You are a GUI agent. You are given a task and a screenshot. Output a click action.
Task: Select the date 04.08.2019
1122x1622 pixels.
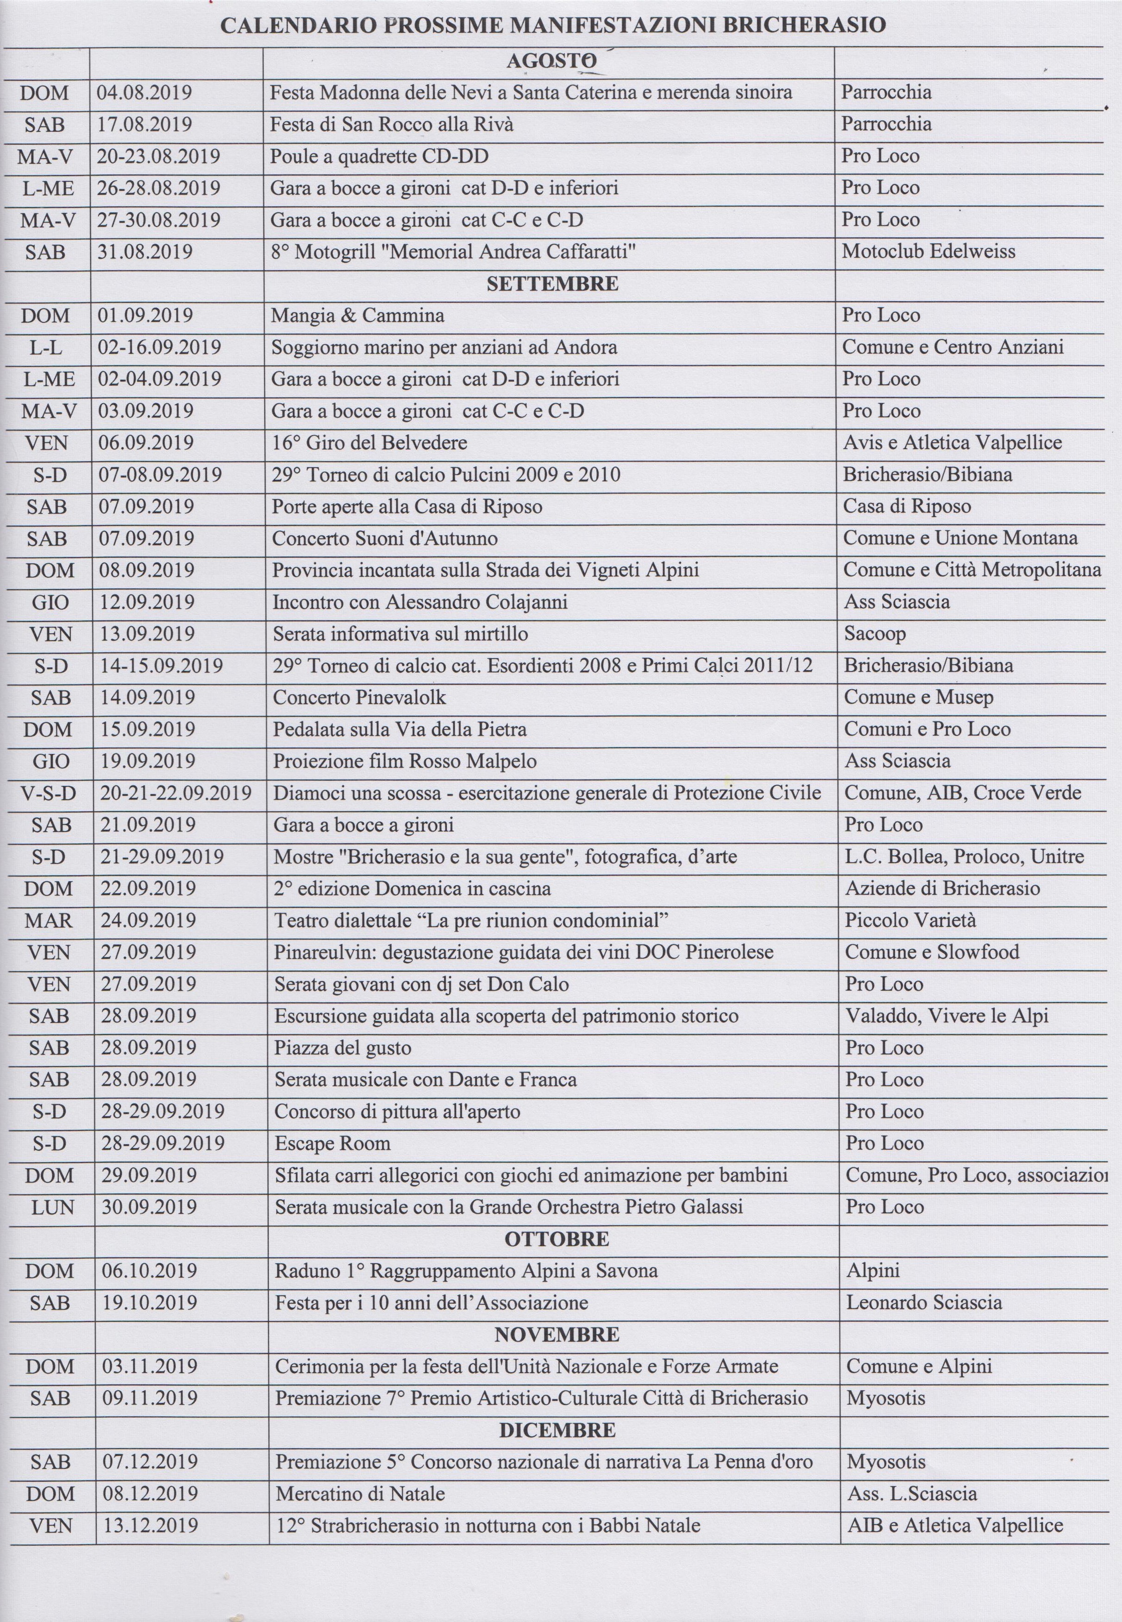tap(144, 93)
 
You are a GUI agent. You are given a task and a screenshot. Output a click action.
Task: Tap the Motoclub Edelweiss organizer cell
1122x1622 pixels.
tap(928, 252)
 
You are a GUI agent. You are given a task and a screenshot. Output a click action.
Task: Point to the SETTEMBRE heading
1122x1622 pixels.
tap(552, 284)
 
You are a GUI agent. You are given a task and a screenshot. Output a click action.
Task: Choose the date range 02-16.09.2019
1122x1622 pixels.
tap(159, 347)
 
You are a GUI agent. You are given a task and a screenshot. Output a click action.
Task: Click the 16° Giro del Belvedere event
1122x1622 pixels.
tap(370, 443)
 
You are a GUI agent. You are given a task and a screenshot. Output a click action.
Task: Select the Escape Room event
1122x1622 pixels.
tap(333, 1143)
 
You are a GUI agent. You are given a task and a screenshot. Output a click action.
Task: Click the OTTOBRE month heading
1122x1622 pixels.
tap(557, 1239)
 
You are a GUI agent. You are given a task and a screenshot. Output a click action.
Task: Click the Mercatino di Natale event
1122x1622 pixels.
tap(360, 1493)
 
